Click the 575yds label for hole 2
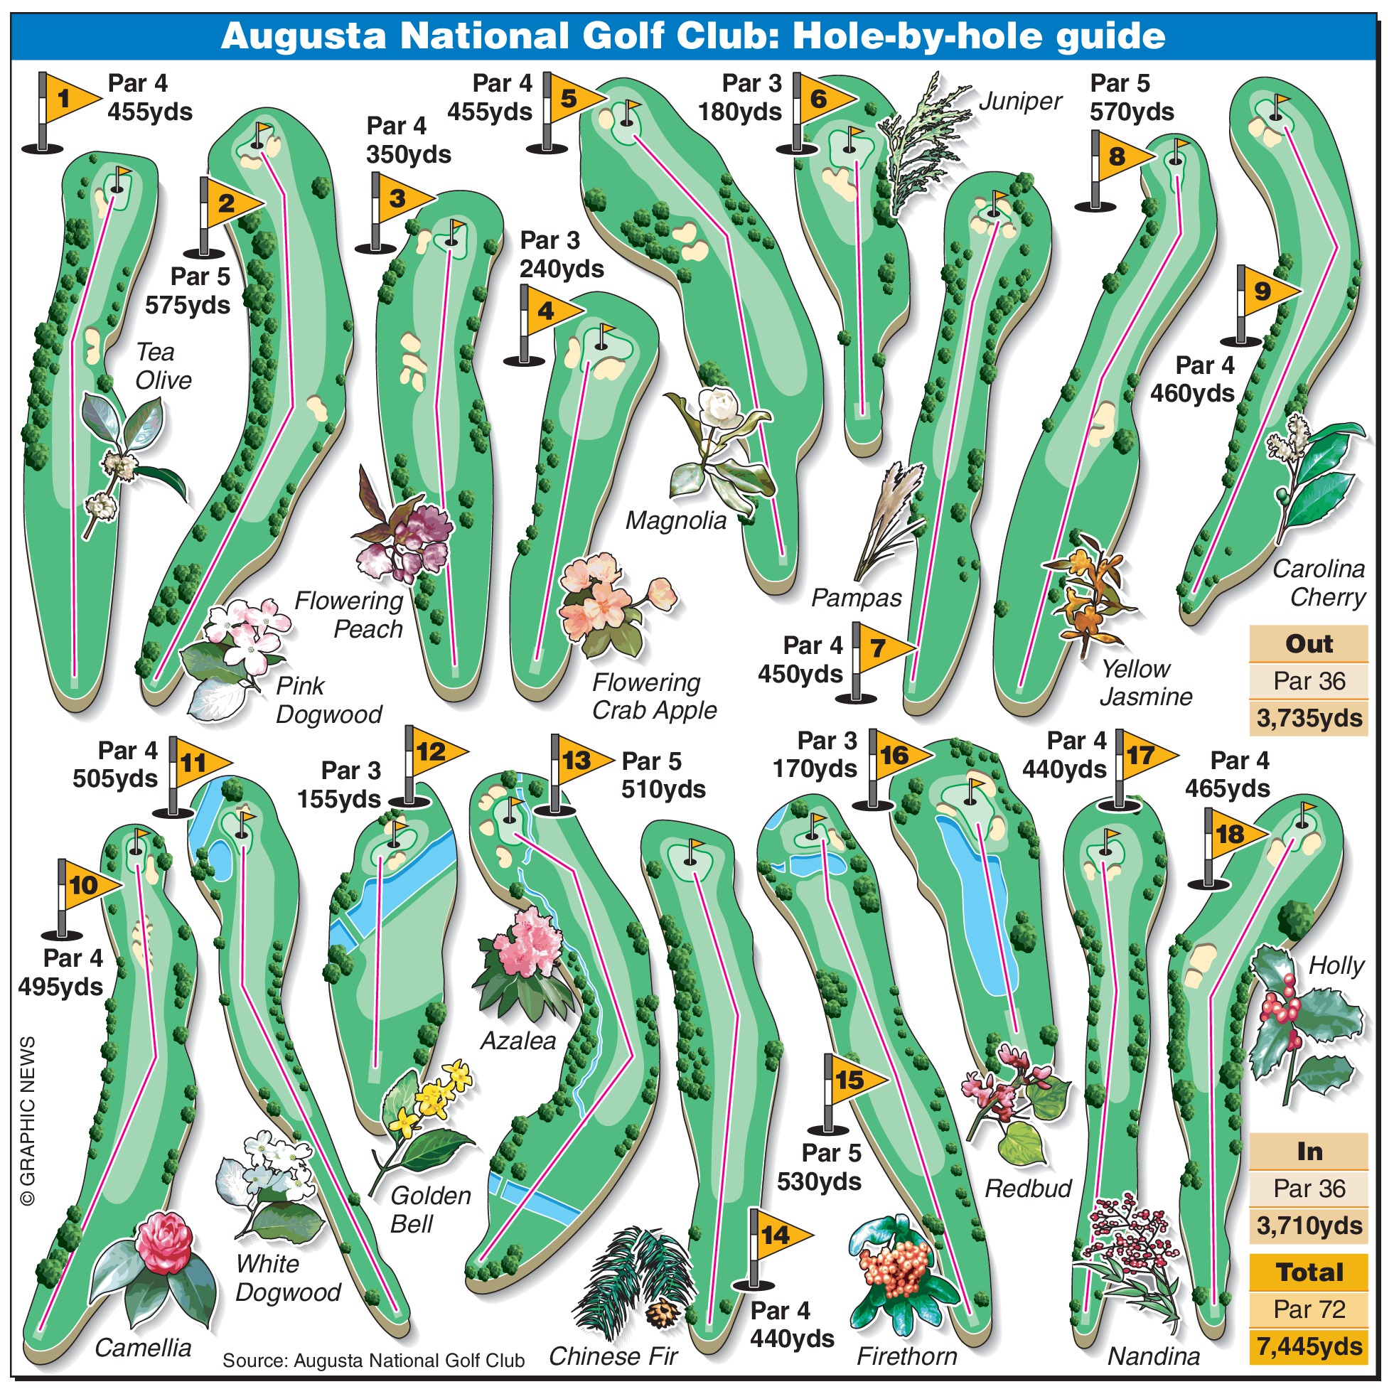(x=188, y=305)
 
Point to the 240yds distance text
(x=562, y=269)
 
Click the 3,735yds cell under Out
(x=1309, y=719)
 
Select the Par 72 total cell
(x=1309, y=1309)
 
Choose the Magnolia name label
(x=675, y=521)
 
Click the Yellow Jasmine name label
(x=1146, y=682)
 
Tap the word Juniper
(x=1020, y=102)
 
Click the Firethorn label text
(x=906, y=1356)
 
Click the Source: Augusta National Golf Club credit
(x=373, y=1361)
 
